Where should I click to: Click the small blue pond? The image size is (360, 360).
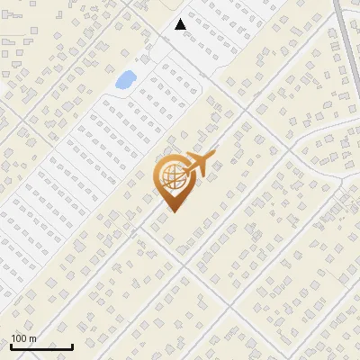click(x=125, y=80)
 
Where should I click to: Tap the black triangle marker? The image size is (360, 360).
click(x=181, y=24)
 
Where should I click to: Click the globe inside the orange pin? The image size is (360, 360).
click(x=173, y=177)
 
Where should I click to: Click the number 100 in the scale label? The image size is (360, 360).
click(x=19, y=338)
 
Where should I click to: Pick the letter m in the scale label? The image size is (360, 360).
click(x=32, y=338)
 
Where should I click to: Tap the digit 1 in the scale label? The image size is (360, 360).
click(x=13, y=338)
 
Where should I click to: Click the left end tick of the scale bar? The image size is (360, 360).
click(x=11, y=346)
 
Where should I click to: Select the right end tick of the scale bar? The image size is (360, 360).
click(x=73, y=346)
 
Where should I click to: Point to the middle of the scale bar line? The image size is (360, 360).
click(x=41, y=347)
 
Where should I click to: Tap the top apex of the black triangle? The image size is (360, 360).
click(x=181, y=19)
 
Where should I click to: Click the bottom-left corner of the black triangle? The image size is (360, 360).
click(x=175, y=29)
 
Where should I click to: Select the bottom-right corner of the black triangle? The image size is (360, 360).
click(x=186, y=29)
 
